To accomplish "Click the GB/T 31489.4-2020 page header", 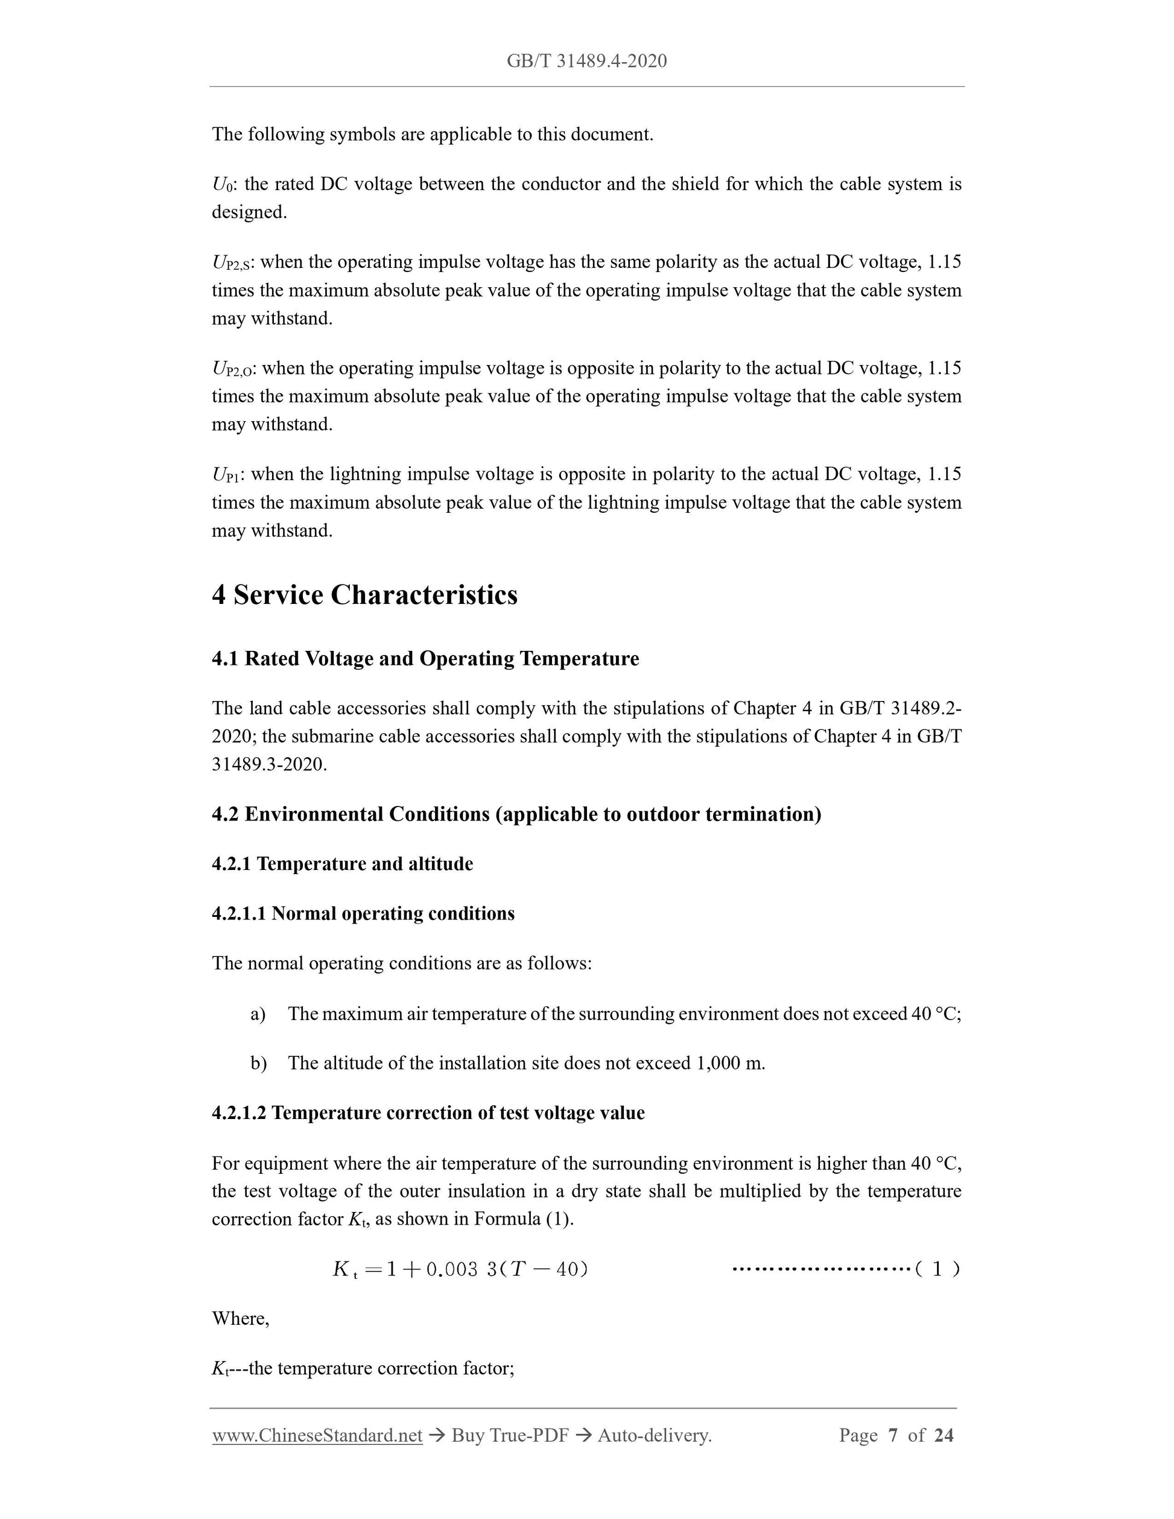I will coord(586,61).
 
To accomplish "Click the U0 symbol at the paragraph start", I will coord(223,185).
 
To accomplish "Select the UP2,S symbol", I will coord(232,263).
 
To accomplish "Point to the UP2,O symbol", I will coord(233,369).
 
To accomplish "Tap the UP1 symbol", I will coord(226,475).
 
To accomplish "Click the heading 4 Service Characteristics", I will coord(364,595).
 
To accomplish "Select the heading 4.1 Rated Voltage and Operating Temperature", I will coord(425,659).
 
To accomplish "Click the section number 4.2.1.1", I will coord(238,914).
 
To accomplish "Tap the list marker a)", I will coord(258,1014).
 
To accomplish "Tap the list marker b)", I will coord(258,1064).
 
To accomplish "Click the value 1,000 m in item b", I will coord(729,1064).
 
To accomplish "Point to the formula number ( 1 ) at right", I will coord(936,1269).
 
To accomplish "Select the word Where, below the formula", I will coord(240,1319).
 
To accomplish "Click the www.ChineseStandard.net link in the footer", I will coord(317,1436).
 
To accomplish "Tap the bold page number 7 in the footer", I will coord(893,1436).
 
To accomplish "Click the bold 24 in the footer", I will coord(943,1436).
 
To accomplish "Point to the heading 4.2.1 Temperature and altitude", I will coord(342,864).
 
